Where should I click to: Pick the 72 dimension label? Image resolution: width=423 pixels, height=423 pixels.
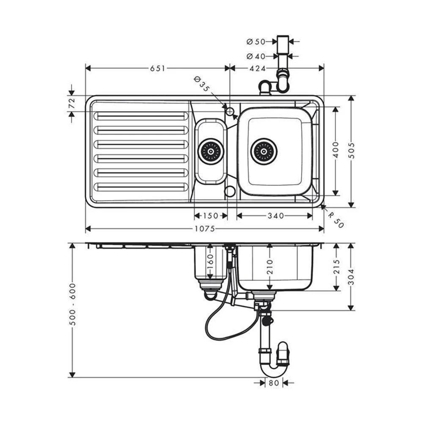click(x=71, y=103)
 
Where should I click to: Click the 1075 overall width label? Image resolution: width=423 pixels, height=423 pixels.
click(x=204, y=229)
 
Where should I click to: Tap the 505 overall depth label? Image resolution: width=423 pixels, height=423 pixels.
click(x=351, y=151)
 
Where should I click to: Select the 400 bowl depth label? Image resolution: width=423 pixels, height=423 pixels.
click(x=335, y=151)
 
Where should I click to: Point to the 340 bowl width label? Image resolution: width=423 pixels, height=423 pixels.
click(x=275, y=216)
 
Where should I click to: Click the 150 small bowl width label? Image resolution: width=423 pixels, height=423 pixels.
click(x=210, y=216)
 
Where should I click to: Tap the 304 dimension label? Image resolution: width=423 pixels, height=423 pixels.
click(x=351, y=277)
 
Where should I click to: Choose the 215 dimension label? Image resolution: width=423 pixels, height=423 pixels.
click(x=337, y=266)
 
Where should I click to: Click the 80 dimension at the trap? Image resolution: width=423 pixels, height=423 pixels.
click(x=274, y=383)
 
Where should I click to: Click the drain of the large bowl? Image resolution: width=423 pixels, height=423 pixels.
click(x=264, y=151)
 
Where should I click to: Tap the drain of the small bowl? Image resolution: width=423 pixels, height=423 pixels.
click(x=210, y=151)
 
